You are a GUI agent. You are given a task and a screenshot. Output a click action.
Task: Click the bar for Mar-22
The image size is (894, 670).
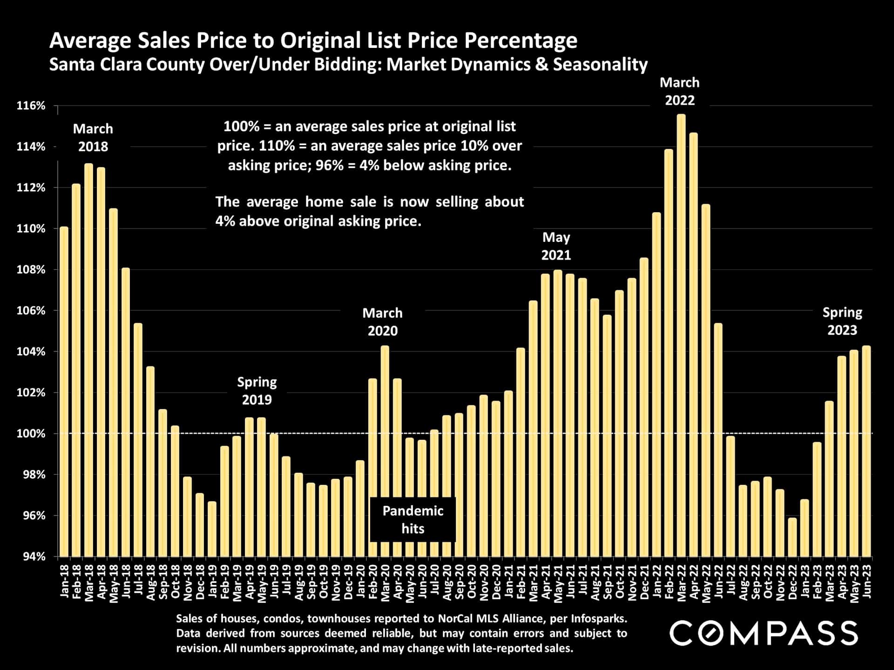(x=681, y=335)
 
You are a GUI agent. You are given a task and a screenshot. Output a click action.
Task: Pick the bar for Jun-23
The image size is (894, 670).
(x=866, y=451)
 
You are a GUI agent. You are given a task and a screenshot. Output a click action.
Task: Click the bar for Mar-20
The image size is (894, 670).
(x=385, y=451)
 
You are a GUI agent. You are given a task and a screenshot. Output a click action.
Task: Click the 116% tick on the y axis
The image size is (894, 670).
(x=31, y=106)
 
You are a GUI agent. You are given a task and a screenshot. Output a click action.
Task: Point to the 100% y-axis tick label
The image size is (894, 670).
(x=31, y=434)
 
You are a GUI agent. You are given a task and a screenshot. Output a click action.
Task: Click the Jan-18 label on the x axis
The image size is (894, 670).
(x=64, y=581)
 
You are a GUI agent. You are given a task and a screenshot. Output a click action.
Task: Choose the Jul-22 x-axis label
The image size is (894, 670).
(x=731, y=581)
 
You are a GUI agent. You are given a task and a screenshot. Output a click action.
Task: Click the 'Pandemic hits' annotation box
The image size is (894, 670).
(x=413, y=520)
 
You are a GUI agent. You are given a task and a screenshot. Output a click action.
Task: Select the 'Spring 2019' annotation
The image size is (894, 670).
(x=257, y=391)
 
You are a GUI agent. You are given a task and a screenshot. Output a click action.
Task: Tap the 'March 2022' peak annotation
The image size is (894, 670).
(x=679, y=92)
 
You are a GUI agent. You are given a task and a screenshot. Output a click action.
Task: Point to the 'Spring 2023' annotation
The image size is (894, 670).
(x=842, y=321)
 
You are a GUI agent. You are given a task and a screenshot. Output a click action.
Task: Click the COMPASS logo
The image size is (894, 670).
(x=763, y=633)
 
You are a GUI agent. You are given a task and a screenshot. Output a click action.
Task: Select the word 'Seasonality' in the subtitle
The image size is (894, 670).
(x=600, y=65)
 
